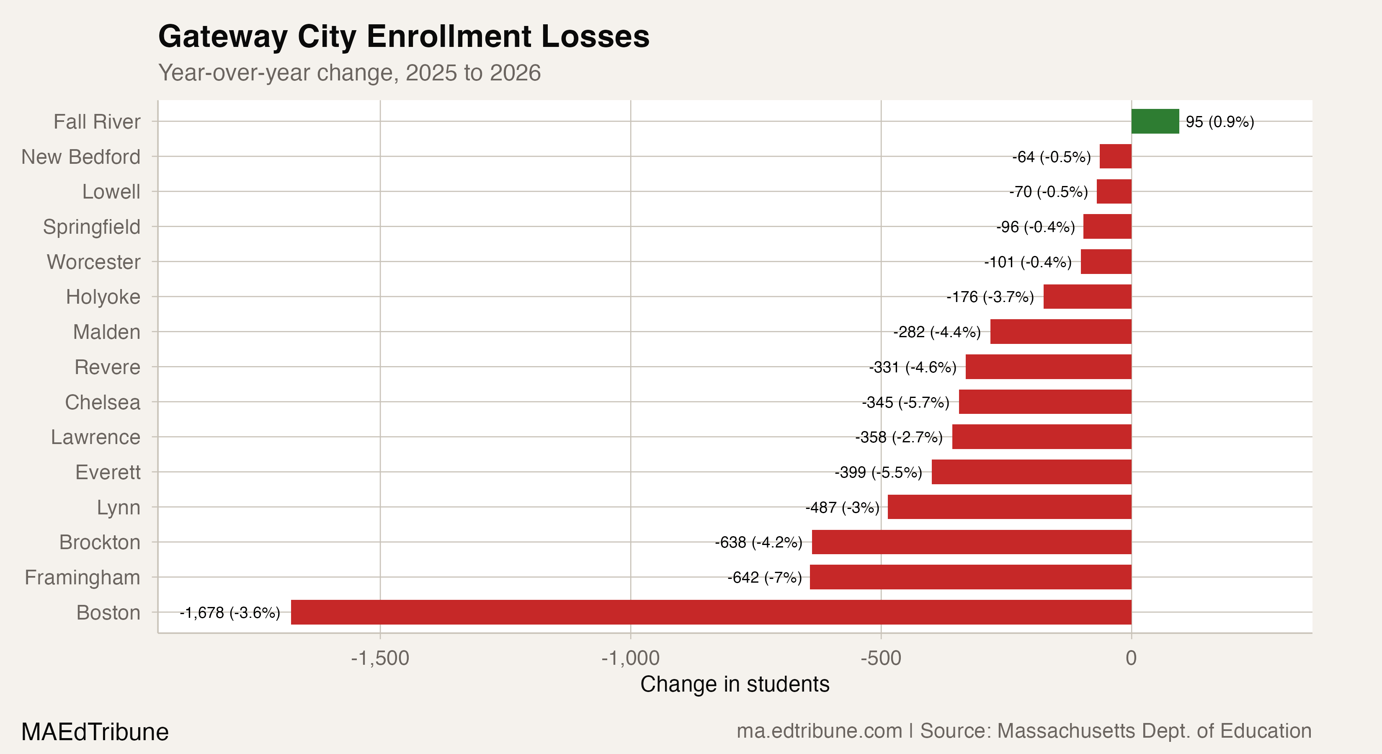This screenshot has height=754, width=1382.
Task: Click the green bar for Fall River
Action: [1155, 121]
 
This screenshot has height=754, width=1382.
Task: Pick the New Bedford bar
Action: [1115, 156]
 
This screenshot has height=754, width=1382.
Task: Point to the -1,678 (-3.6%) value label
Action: [229, 612]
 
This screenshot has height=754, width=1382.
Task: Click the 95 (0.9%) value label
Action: [1220, 122]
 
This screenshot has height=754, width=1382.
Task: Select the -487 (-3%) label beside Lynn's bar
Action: [842, 507]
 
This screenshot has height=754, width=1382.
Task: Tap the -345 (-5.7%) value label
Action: [905, 402]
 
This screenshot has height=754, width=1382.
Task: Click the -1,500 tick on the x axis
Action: [380, 658]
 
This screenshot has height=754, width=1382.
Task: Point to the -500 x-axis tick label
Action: [880, 658]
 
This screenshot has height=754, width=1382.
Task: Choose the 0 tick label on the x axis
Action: [1131, 658]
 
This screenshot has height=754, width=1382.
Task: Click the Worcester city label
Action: [93, 262]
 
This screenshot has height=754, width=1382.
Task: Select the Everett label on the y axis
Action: [107, 472]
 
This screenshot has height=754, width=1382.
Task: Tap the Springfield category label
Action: [91, 227]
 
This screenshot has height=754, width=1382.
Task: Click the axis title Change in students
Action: [735, 684]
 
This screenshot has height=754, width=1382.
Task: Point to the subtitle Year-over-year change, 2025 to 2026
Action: [349, 72]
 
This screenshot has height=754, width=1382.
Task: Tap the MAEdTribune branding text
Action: [95, 732]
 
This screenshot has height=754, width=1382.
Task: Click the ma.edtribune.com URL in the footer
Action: [819, 731]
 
